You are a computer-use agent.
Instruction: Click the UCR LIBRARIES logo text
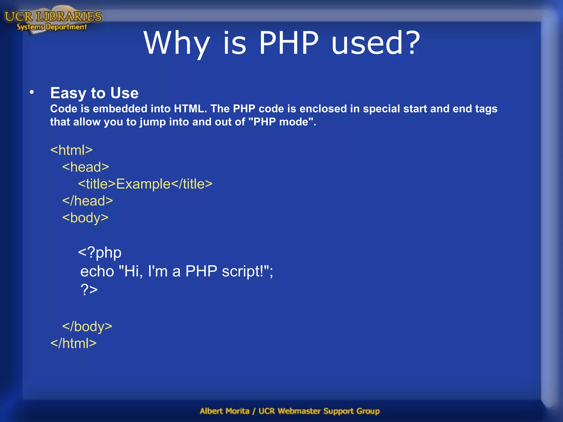[53, 16]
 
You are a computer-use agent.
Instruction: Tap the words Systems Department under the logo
[52, 27]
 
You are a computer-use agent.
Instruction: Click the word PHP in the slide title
[289, 43]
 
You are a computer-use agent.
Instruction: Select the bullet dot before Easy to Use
[32, 92]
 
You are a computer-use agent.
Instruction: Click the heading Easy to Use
[94, 93]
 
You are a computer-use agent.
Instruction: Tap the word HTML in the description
[190, 109]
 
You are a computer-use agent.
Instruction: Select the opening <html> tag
[71, 150]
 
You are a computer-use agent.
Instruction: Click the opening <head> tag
[85, 167]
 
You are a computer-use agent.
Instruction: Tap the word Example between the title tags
[143, 184]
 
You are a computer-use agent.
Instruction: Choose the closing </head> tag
[87, 201]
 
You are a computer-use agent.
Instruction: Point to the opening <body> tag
[85, 218]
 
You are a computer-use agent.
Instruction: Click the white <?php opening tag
[100, 252]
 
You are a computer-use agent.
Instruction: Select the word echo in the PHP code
[97, 271]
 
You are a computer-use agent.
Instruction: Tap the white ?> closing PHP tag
[89, 289]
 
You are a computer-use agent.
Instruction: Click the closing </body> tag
[87, 326]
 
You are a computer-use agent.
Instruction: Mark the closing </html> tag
[73, 343]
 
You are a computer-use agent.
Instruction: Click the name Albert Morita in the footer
[225, 411]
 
